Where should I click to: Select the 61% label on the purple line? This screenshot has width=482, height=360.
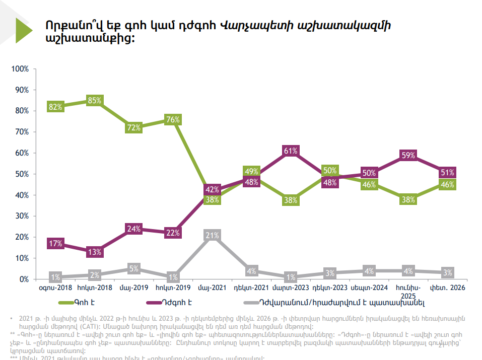click(291, 151)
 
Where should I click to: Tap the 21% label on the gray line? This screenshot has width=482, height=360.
click(213, 235)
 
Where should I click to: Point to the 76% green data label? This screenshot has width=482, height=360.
click(173, 120)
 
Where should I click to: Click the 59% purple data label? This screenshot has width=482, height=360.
click(408, 156)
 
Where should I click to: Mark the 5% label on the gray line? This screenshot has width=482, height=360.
click(134, 269)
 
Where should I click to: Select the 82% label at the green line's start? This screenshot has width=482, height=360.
click(55, 107)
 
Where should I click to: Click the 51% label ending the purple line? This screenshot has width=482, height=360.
click(447, 172)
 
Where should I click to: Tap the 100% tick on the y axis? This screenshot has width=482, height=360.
click(21, 68)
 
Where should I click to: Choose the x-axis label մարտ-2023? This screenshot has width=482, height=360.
click(291, 288)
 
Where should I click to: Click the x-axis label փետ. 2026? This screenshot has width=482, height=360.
click(447, 288)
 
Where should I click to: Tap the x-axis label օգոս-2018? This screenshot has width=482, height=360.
click(55, 288)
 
